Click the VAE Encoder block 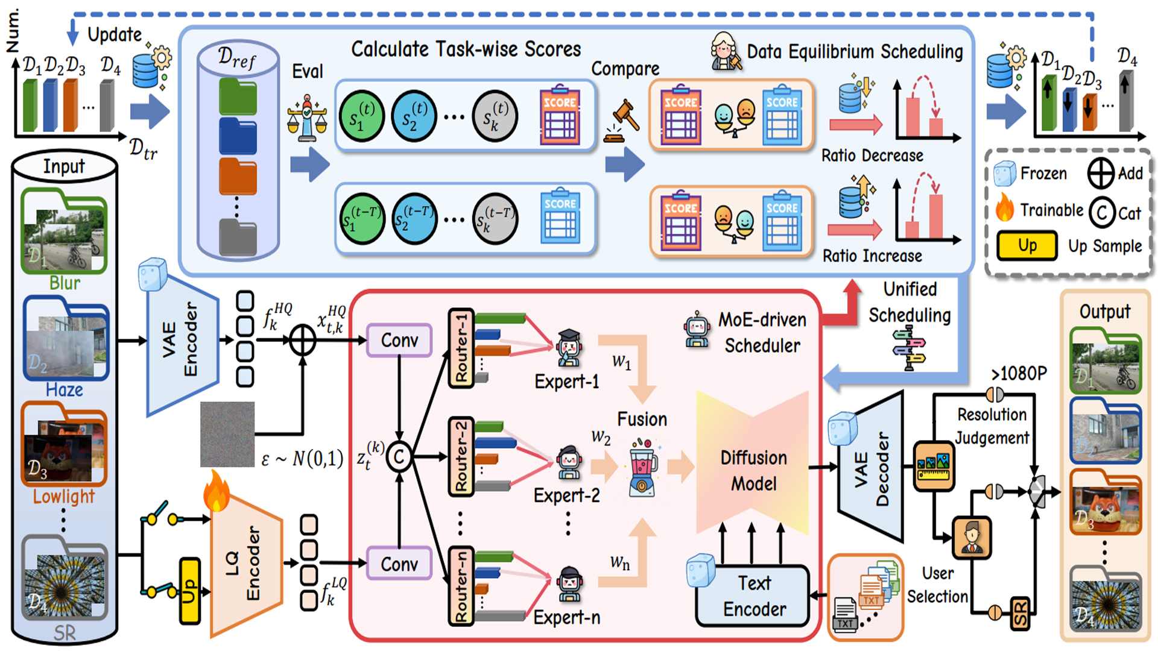[181, 341]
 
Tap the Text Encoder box [754, 596]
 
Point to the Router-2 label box [461, 456]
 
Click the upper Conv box [399, 340]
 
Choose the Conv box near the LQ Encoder [399, 564]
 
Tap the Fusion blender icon [643, 468]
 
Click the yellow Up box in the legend [1027, 245]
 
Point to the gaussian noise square [227, 434]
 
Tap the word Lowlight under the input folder [63, 496]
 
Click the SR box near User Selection [1020, 613]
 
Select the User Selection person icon [971, 537]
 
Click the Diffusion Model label [753, 470]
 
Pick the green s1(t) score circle [362, 116]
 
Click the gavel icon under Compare [624, 121]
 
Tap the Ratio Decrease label [872, 156]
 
